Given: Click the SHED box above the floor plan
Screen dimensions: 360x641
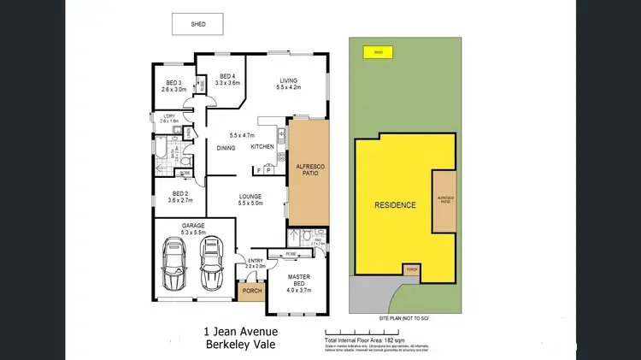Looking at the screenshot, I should pos(197,25).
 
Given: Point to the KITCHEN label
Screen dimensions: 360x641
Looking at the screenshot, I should pos(262,147).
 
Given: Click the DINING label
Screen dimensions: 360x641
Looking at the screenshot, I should pos(226,148).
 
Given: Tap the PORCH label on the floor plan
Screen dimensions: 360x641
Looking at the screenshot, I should pos(252,290).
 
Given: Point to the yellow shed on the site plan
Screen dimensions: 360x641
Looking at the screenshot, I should pos(377,52).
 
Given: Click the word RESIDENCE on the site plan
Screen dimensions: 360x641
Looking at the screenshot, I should pos(395,205).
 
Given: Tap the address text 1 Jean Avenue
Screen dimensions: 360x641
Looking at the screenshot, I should pos(239,332).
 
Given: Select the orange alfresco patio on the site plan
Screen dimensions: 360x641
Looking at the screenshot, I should pos(444,200).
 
